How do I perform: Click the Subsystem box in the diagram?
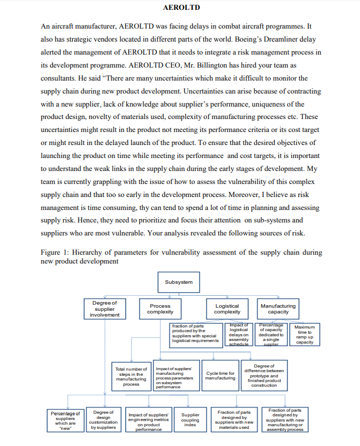point(178,282)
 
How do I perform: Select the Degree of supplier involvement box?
point(104,308)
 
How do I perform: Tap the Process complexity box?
point(160,309)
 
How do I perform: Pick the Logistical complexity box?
point(227,309)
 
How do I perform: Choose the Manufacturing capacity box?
point(278,309)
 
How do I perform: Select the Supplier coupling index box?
point(190,420)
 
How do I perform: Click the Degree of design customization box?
point(103,420)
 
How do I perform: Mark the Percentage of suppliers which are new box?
point(65,420)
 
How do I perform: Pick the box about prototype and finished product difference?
point(263,375)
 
